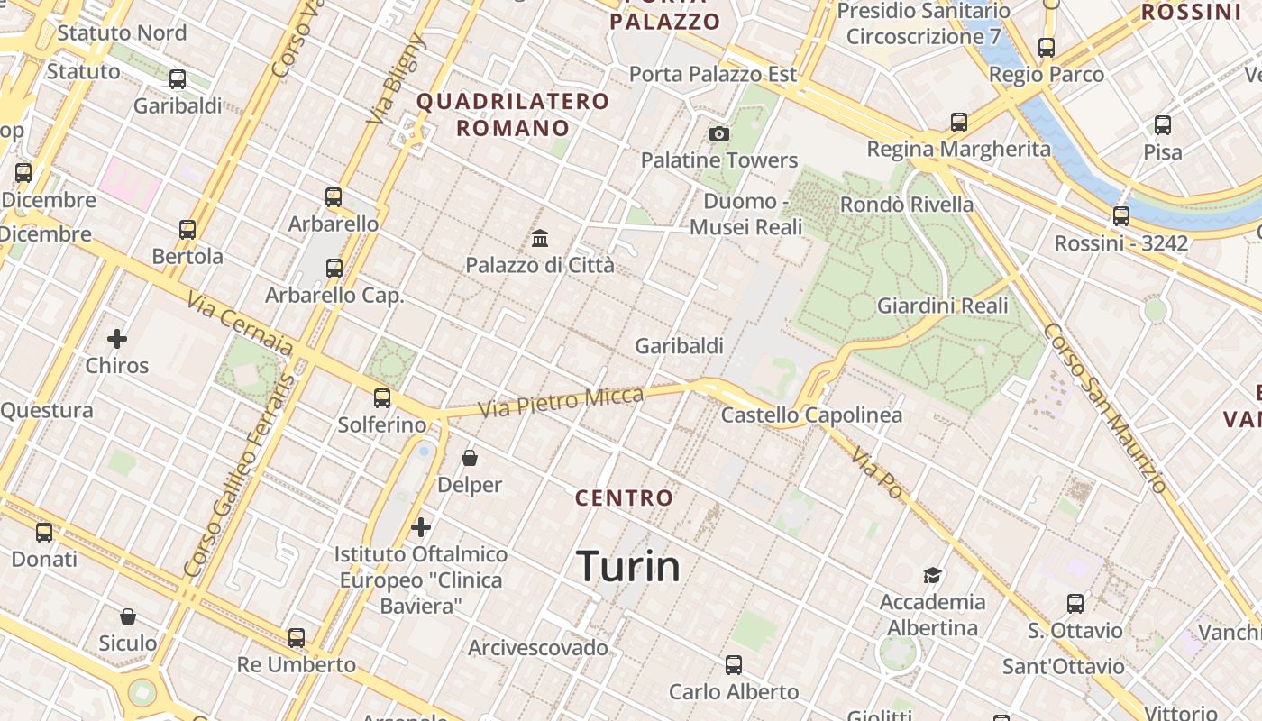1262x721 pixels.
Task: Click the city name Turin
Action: coord(628,566)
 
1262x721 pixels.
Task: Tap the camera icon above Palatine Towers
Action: coord(719,134)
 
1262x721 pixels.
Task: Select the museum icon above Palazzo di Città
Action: coord(540,239)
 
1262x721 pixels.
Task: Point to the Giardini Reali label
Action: coord(942,306)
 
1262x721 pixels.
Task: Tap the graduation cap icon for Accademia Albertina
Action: coord(932,575)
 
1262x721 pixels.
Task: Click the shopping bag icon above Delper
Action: coord(470,459)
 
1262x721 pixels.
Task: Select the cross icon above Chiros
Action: coord(117,339)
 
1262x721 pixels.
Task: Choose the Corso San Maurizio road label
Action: coord(1104,408)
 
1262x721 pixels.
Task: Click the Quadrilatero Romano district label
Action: coord(513,114)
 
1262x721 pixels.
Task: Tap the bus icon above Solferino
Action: coord(382,398)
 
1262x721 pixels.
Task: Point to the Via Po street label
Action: coord(876,473)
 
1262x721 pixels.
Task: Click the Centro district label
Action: coord(625,497)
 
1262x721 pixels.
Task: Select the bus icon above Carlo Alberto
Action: coord(734,665)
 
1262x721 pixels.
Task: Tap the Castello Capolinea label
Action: coord(811,415)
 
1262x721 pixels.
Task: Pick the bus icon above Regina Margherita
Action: coord(959,123)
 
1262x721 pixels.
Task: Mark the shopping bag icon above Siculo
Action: coord(128,616)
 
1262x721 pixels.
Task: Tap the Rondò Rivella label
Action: coord(907,205)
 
